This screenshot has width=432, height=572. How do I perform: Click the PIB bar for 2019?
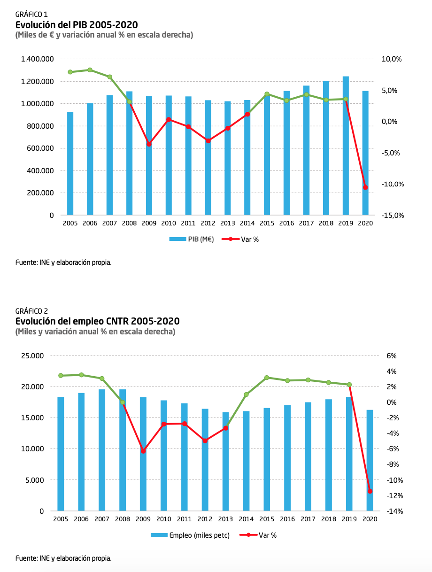[346, 146]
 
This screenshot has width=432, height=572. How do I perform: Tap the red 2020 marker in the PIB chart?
[365, 187]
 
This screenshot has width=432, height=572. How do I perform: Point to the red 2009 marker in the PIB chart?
[149, 144]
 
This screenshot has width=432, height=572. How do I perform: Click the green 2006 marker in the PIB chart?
[90, 70]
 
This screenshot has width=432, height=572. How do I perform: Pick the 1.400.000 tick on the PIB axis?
[37, 59]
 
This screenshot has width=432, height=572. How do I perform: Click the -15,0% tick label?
[393, 215]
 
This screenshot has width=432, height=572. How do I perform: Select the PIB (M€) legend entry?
[192, 239]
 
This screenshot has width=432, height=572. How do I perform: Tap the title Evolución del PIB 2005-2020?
[77, 25]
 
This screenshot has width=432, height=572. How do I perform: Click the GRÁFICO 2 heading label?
[31, 311]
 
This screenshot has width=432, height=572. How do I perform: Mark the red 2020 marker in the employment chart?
[370, 491]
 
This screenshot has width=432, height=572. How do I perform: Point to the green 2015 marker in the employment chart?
[267, 378]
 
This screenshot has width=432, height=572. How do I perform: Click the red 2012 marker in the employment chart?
[205, 441]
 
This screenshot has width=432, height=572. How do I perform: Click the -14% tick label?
[395, 511]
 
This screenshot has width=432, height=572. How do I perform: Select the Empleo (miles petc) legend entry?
[190, 535]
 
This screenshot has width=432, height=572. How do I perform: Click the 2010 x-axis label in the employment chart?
[163, 519]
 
